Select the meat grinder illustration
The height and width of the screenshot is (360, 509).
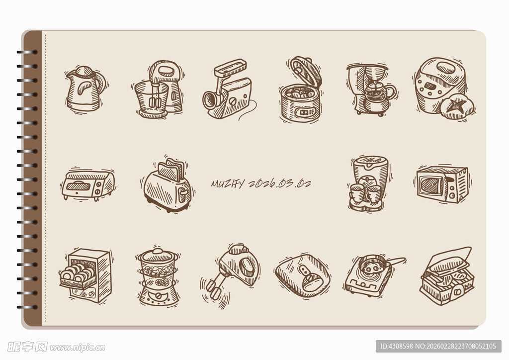228,90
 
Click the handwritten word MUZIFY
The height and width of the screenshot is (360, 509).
228,183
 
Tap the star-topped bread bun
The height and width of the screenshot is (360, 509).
457,106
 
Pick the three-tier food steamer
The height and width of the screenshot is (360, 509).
158,277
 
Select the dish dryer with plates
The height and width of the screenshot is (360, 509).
85,275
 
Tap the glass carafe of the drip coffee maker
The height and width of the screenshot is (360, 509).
377,92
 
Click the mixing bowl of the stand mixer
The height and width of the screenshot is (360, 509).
151,96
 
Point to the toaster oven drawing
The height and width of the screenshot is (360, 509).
87,184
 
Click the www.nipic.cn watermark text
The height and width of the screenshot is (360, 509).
77,348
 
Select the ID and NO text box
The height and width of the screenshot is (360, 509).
438,346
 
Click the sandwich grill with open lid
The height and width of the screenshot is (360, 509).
447,276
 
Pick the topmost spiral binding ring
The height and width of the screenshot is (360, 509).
27,52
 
